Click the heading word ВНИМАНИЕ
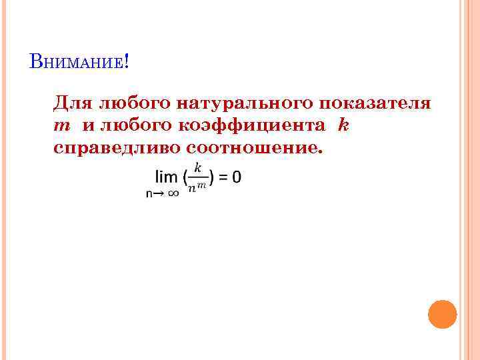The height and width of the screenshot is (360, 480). [x=76, y=63]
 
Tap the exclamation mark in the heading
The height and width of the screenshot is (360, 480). [x=126, y=63]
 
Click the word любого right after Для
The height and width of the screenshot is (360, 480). [x=135, y=105]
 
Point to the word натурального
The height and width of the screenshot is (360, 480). [x=245, y=105]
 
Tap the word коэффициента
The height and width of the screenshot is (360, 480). [x=253, y=125]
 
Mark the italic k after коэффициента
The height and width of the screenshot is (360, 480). [x=343, y=125]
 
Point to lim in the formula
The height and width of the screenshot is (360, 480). [x=166, y=177]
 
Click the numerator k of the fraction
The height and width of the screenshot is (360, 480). [x=197, y=168]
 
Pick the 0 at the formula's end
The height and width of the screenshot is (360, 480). [x=237, y=177]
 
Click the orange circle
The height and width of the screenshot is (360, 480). [x=442, y=314]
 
